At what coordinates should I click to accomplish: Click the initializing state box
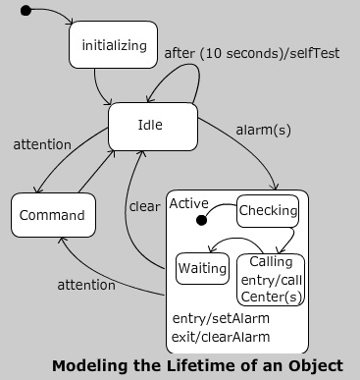pyautogui.click(x=113, y=45)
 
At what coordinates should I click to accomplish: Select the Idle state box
pyautogui.click(x=150, y=126)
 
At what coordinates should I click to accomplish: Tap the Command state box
pyautogui.click(x=54, y=215)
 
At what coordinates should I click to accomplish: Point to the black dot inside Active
pyautogui.click(x=200, y=220)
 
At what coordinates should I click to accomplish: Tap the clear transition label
pyautogui.click(x=144, y=206)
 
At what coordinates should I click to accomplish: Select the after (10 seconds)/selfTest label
pyautogui.click(x=252, y=53)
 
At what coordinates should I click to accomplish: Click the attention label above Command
pyautogui.click(x=42, y=144)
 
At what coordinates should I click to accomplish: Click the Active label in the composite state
pyautogui.click(x=188, y=203)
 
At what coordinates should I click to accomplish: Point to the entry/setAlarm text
pyautogui.click(x=221, y=318)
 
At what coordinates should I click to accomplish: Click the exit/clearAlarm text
pyautogui.click(x=221, y=337)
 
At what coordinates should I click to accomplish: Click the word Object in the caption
pyautogui.click(x=316, y=365)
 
